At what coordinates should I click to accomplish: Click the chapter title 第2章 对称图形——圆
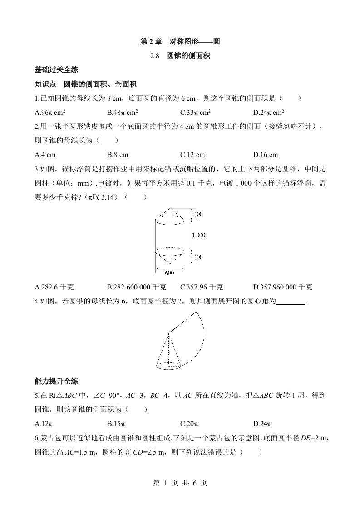click(x=180, y=42)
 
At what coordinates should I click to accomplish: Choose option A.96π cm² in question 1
click(x=51, y=113)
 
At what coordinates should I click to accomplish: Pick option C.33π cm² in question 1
click(x=195, y=113)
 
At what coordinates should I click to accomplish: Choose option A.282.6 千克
click(x=54, y=287)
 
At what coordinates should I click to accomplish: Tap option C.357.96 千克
click(x=201, y=287)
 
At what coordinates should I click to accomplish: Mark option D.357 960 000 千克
click(x=283, y=287)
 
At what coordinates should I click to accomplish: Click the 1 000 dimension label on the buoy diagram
click(x=198, y=235)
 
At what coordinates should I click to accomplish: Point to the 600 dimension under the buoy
click(x=169, y=273)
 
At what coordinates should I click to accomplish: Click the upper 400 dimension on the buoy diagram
click(x=198, y=214)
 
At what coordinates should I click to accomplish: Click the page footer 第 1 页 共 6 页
click(x=180, y=483)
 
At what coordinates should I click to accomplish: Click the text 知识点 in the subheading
click(x=45, y=84)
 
